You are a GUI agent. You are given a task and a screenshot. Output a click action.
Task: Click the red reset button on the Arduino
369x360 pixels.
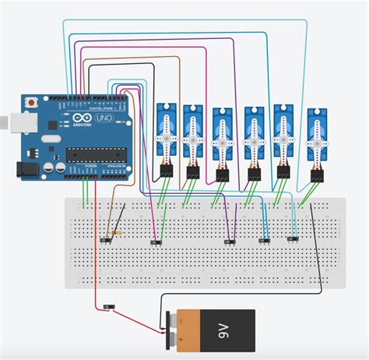[x=31, y=102]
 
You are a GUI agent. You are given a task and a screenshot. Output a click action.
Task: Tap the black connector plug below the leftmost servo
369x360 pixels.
[x=165, y=171]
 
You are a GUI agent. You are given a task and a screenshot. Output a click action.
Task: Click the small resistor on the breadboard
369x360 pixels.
[x=117, y=231]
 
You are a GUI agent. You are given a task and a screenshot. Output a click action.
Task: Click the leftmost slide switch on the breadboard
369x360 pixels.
[x=105, y=241]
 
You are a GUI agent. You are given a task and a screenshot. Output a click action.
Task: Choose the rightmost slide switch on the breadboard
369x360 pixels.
[x=293, y=238]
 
